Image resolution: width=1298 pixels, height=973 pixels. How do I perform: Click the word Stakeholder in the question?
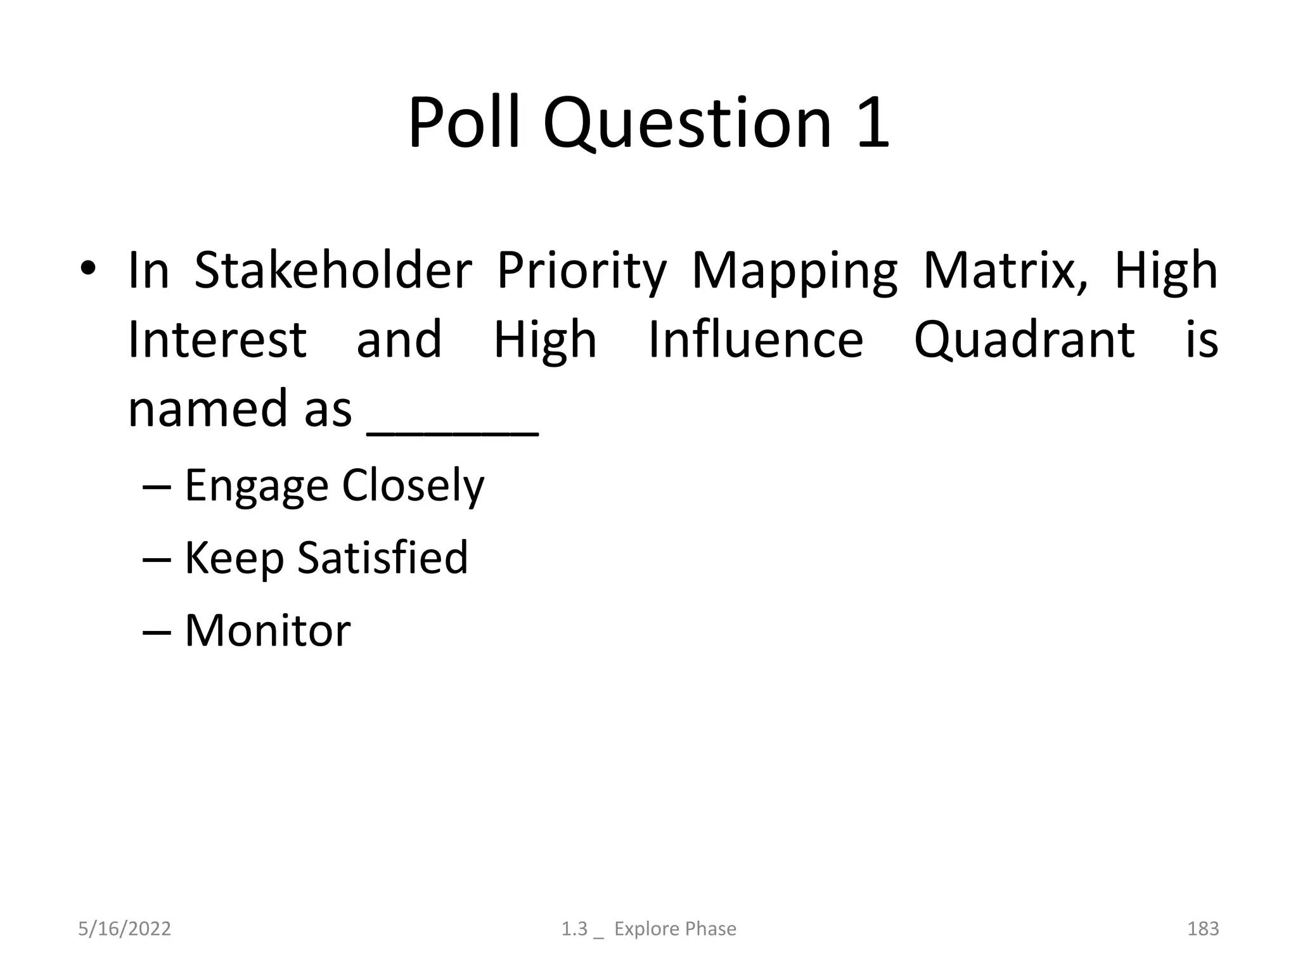point(333,270)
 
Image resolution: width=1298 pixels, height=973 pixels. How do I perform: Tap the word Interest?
point(217,340)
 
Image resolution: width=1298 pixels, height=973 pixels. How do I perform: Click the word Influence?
point(755,340)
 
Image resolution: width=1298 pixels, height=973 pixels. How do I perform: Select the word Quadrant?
point(1024,341)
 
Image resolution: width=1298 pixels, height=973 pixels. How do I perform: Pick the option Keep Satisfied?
point(326,558)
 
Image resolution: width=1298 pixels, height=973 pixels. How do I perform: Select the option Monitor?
point(267,631)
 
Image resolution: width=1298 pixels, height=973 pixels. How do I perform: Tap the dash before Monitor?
point(157,632)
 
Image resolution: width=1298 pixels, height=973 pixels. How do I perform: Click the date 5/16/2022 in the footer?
point(124,929)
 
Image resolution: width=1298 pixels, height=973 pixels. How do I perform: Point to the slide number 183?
point(1202,929)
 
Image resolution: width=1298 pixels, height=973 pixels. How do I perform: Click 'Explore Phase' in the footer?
point(675,929)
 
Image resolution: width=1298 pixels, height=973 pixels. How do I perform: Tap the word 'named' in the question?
point(208,409)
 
